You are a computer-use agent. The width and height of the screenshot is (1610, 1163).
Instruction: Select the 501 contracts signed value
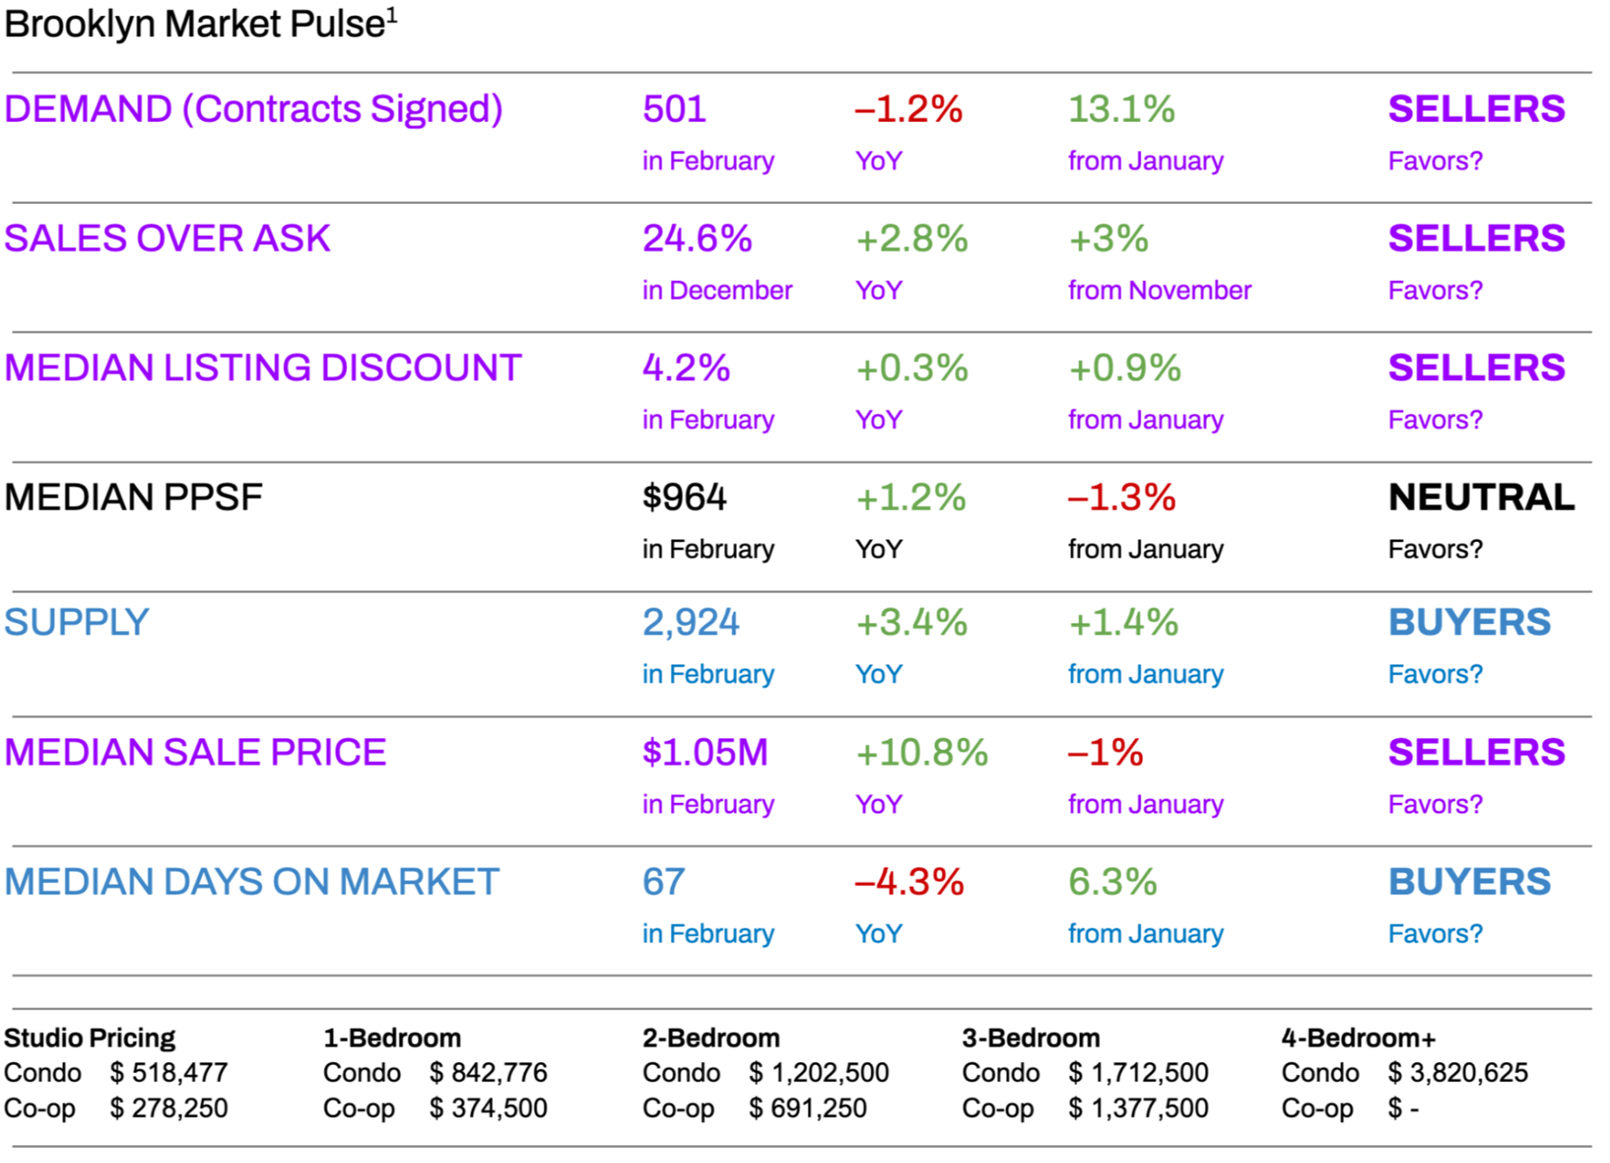coord(674,109)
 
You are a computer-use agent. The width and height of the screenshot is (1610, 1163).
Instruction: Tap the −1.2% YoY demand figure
coord(908,109)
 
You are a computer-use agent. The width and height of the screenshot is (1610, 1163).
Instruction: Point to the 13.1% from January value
coord(1121,109)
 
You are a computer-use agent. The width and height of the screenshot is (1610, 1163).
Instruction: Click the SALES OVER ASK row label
coord(167,238)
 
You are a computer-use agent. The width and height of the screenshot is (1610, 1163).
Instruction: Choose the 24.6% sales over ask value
coord(697,238)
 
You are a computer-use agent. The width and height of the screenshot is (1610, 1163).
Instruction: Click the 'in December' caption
coord(717,290)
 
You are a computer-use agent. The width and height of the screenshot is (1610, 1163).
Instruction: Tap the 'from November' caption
coord(1159,290)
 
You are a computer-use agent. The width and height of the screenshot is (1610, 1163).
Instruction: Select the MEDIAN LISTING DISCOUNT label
coord(262,368)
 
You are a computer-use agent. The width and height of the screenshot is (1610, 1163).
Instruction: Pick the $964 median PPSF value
coord(684,498)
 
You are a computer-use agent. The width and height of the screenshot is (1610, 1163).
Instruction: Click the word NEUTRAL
coord(1481,498)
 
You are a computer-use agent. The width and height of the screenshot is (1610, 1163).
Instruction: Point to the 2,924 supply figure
coord(691,623)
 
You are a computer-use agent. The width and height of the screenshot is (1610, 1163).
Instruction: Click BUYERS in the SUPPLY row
coord(1469,623)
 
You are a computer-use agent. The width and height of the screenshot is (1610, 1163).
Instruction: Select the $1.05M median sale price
coord(704,753)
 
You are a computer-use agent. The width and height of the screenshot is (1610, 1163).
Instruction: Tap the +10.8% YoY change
coord(922,753)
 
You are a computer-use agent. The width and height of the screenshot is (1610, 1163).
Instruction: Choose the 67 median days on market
coord(663,882)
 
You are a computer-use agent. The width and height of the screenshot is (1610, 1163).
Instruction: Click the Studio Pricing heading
coord(90,1038)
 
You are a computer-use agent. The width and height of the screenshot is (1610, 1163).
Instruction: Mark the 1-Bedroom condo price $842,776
coord(488,1072)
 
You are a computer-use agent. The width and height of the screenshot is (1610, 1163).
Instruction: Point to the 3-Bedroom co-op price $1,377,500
coord(1138,1108)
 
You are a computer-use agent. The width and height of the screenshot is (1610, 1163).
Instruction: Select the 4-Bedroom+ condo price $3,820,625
coord(1457,1072)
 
